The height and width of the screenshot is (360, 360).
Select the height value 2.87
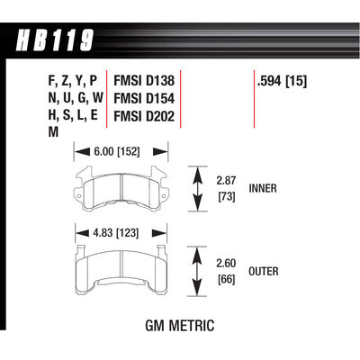[x=228, y=180]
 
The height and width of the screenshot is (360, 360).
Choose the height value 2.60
[x=228, y=262]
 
